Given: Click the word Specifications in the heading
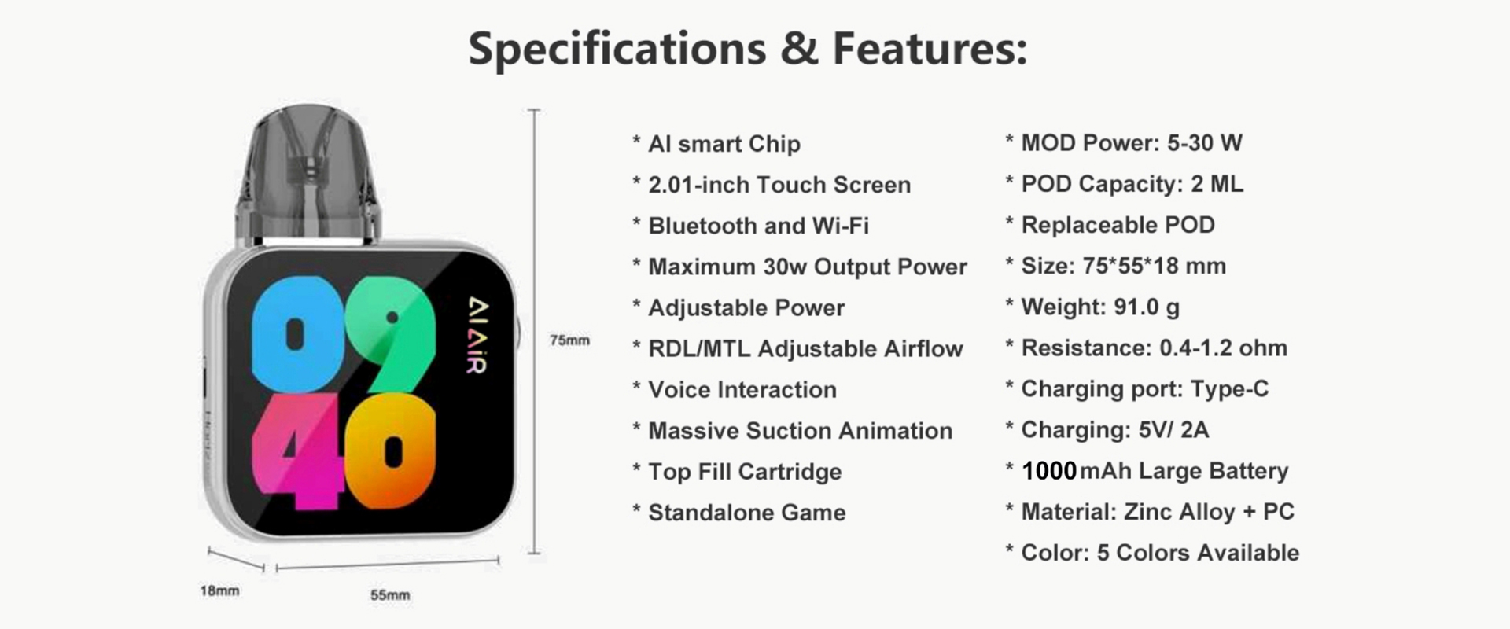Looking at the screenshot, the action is point(617,50).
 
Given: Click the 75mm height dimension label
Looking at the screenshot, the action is point(569,340).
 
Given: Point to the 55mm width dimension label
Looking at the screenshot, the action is point(390,595).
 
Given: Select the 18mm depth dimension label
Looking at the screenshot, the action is point(219,590).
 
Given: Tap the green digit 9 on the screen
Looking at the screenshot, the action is point(391,333).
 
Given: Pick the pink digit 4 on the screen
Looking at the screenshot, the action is point(297,451).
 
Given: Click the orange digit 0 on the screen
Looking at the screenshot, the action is point(391,451).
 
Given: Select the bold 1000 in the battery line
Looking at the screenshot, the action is point(1049,471).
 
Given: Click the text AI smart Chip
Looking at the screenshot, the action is point(724,144).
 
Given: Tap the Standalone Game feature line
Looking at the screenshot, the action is point(747,513).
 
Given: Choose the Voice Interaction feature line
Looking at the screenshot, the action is point(742,390).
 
